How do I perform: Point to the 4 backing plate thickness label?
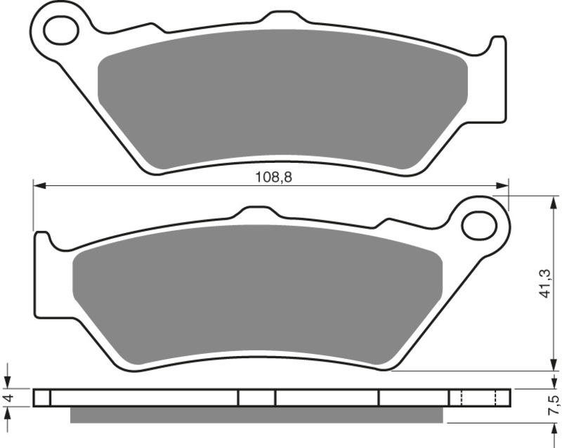pyautogui.click(x=8, y=398)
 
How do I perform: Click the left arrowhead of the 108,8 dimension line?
pyautogui.click(x=39, y=186)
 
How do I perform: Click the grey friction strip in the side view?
pyautogui.click(x=256, y=415)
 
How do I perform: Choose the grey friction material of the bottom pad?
pyautogui.click(x=256, y=295)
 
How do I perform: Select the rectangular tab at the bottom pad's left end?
pyautogui.click(x=42, y=274)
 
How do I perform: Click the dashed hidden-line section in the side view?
pyautogui.click(x=478, y=397)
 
